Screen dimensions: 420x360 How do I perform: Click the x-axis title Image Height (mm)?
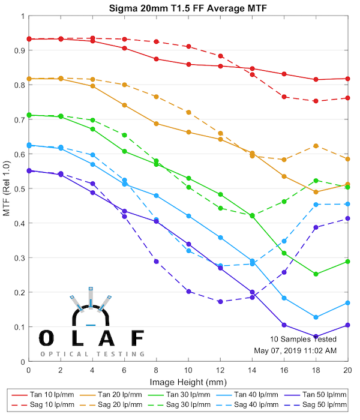coord(188,382)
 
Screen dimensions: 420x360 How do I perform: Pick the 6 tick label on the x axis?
coord(124,371)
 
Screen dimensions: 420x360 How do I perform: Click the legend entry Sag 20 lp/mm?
coord(124,406)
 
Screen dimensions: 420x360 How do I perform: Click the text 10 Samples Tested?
coord(302,339)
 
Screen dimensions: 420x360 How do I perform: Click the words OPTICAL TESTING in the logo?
coord(92,355)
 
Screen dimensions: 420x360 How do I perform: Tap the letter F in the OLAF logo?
coord(137,338)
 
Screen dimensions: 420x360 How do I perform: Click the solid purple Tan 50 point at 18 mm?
coord(316,337)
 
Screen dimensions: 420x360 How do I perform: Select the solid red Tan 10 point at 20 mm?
coord(348,79)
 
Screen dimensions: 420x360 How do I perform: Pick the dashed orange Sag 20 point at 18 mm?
coord(316,146)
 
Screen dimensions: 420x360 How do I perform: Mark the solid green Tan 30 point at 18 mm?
coord(316,274)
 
